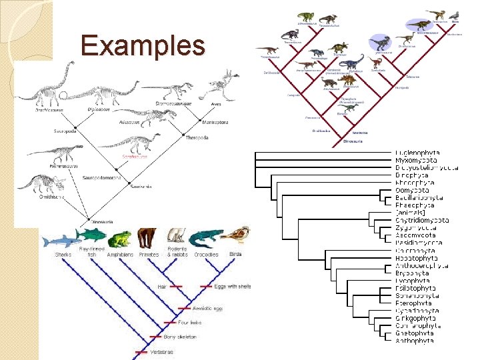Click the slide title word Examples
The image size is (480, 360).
[x=143, y=46]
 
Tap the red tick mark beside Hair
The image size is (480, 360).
[x=175, y=286]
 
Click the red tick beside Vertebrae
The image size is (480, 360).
[x=141, y=351]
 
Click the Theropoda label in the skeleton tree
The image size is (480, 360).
[x=197, y=137]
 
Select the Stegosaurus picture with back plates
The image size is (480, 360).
[x=349, y=79]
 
